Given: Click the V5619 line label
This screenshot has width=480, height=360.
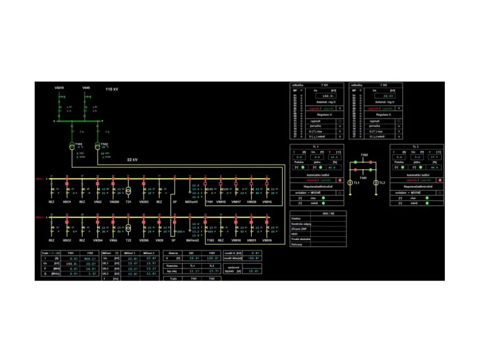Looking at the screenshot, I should [59, 87].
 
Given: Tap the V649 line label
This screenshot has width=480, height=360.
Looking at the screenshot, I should [86, 87].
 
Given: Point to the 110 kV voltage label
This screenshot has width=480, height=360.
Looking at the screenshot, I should [111, 90].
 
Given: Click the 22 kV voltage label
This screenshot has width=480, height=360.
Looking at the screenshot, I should [133, 159].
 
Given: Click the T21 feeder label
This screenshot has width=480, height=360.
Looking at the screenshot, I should [129, 202].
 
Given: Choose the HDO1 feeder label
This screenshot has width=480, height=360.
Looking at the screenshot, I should [67, 202].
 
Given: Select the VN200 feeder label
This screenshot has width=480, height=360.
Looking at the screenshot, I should [114, 202].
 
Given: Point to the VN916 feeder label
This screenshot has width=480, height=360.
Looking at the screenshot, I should [267, 241].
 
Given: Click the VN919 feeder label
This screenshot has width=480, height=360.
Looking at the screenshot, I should [221, 202].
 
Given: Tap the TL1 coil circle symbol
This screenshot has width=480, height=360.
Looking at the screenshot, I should [350, 183].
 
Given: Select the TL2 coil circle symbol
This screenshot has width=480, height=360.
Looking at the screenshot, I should [376, 183].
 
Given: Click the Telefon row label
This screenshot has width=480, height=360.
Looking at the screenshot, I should [296, 219].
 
